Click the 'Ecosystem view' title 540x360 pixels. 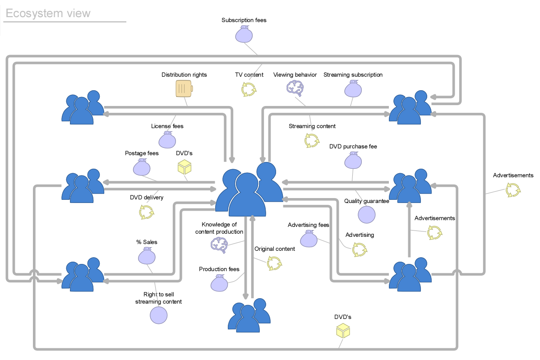click(48, 13)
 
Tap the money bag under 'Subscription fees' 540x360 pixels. click(244, 34)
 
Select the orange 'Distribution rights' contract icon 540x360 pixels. click(184, 88)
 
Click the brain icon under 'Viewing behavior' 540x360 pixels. click(295, 88)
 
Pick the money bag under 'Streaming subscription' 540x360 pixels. click(353, 88)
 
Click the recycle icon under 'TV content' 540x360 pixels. click(249, 89)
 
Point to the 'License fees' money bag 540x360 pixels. click(167, 139)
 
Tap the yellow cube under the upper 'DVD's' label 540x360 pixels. click(184, 167)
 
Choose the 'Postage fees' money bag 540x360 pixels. click(142, 167)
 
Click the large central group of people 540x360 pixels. click(249, 189)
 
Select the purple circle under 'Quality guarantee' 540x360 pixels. click(366, 215)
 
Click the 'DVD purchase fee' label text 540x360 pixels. click(353, 147)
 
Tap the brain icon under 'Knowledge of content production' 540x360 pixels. click(219, 245)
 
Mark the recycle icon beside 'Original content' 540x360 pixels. click(274, 263)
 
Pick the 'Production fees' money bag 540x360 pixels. click(219, 283)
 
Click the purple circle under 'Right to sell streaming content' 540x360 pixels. click(158, 315)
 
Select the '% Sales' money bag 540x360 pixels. click(147, 256)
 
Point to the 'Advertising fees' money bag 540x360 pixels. click(309, 238)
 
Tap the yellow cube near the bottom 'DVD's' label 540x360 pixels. click(343, 331)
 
